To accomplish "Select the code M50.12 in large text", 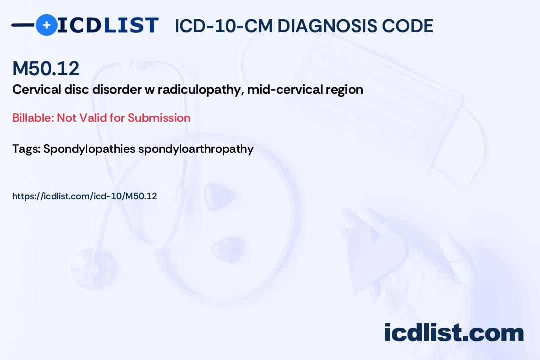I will tap(46, 69).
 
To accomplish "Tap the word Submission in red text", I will tap(159, 118).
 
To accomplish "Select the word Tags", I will tap(26, 149).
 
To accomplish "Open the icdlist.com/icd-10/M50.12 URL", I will tap(85, 196).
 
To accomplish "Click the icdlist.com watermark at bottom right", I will tap(454, 332).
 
